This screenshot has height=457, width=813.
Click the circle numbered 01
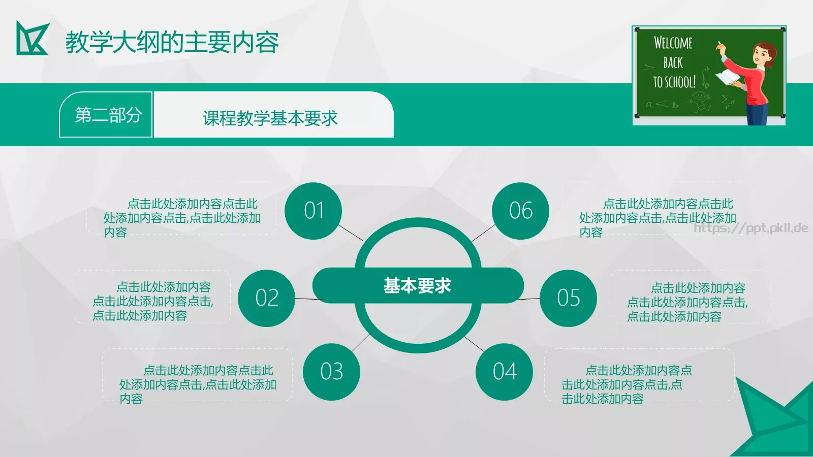click(x=314, y=211)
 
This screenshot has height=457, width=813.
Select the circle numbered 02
click(x=267, y=298)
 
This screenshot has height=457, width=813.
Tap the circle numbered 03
click(x=331, y=372)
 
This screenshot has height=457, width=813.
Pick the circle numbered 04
click(x=505, y=372)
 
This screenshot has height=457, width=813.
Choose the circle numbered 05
click(x=568, y=298)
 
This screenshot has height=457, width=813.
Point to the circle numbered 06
click(x=521, y=211)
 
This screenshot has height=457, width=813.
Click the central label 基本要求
click(x=417, y=286)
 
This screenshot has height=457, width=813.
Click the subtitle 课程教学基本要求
click(x=270, y=118)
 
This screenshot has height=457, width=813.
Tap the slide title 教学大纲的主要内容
click(x=172, y=43)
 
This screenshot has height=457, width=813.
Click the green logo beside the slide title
click(x=33, y=38)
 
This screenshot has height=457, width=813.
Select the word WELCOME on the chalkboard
click(x=673, y=43)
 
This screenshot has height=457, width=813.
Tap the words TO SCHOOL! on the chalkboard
click(x=674, y=82)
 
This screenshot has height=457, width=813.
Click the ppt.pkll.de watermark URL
click(x=751, y=228)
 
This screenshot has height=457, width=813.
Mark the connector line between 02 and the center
click(x=307, y=299)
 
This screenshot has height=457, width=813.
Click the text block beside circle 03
click(x=198, y=384)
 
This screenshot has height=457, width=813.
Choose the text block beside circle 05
click(x=687, y=302)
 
